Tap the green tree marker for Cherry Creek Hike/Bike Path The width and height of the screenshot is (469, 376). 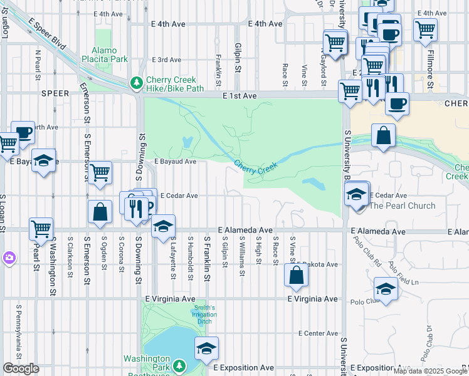coord(136,83)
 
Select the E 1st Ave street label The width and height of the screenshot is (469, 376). coord(240,96)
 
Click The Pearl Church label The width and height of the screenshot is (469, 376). coord(403,206)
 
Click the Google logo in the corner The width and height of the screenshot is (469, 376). coord(21,368)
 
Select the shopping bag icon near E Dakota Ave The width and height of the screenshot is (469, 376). coord(296,274)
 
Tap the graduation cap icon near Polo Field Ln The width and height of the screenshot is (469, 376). coord(385,288)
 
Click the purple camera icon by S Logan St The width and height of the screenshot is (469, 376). coord(9,258)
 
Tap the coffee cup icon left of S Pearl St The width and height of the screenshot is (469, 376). coord(23,132)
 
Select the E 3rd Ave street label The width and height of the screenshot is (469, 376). coord(166,60)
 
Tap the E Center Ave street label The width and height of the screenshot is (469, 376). coord(318,333)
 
